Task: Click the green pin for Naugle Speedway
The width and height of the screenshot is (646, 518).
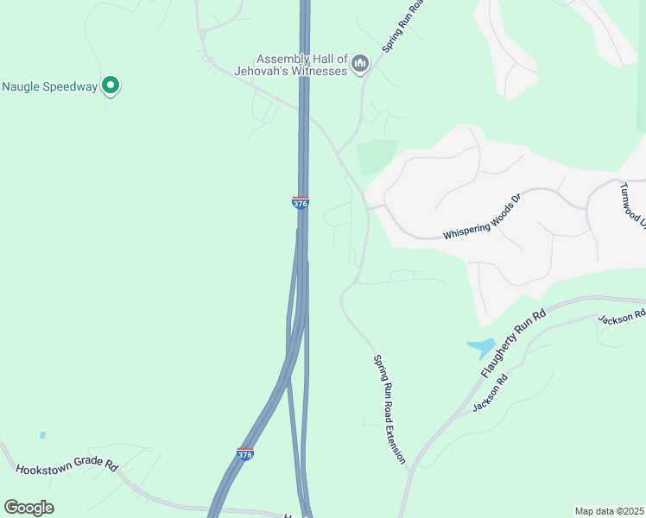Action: click(x=110, y=85)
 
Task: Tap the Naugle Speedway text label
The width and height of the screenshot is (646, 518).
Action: click(x=49, y=86)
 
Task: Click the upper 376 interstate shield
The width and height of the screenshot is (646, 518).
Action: click(x=300, y=203)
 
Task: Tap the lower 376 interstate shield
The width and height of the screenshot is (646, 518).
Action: click(x=245, y=454)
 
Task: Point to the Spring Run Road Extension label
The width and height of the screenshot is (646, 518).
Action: click(x=389, y=409)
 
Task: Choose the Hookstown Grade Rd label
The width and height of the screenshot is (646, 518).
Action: click(x=66, y=466)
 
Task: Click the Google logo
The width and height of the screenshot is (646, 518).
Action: click(x=28, y=508)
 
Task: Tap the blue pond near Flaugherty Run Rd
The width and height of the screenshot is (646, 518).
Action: click(x=482, y=348)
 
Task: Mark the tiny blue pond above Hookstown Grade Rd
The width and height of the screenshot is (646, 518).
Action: click(x=42, y=435)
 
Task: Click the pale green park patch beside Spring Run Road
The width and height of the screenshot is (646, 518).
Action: click(x=377, y=156)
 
